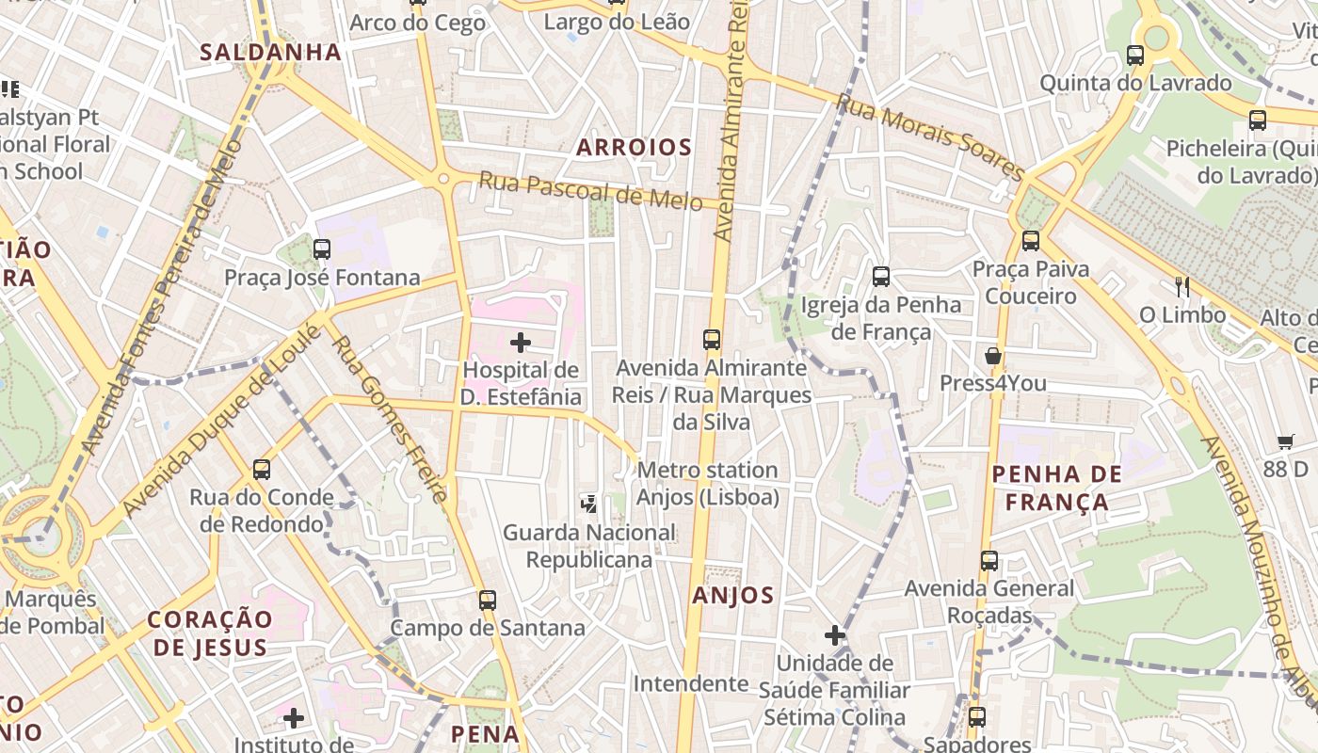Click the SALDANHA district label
pyautogui.click(x=270, y=52)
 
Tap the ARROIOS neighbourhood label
pyautogui.click(x=634, y=147)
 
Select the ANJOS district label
pyautogui.click(x=732, y=595)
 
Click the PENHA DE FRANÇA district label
pyautogui.click(x=1057, y=488)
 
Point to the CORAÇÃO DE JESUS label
pyautogui.click(x=210, y=633)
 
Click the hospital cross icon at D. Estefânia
pyautogui.click(x=521, y=343)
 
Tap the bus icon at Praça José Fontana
pyautogui.click(x=322, y=249)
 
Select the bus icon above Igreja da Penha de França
pyautogui.click(x=881, y=277)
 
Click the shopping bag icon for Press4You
pyautogui.click(x=993, y=356)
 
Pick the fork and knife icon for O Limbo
pyautogui.click(x=1182, y=287)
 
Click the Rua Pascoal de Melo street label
pyautogui.click(x=590, y=190)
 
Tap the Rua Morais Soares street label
pyautogui.click(x=930, y=136)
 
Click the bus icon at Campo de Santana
pyautogui.click(x=487, y=600)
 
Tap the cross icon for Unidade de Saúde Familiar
pyautogui.click(x=835, y=635)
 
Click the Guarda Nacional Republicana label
pyautogui.click(x=589, y=546)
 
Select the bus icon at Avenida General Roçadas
pyautogui.click(x=989, y=561)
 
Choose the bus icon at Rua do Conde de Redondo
pyautogui.click(x=262, y=469)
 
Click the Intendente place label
pyautogui.click(x=690, y=682)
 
